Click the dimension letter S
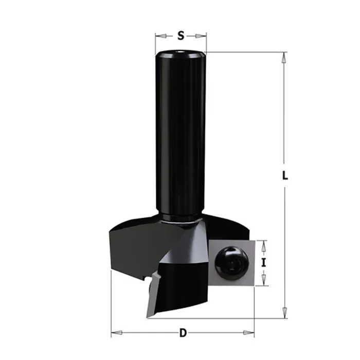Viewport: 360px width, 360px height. pyautogui.click(x=181, y=36)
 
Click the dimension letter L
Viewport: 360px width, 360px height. pyautogui.click(x=285, y=175)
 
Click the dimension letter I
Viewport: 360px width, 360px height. pyautogui.click(x=263, y=262)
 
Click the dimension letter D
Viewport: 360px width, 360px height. pyautogui.click(x=183, y=333)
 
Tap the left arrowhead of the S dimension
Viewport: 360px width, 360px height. pyautogui.click(x=161, y=36)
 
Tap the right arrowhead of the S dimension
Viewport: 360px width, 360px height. pyautogui.click(x=201, y=36)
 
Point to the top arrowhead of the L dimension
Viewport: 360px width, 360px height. pyautogui.click(x=284, y=58)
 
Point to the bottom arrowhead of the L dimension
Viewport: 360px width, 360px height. pyautogui.click(x=285, y=313)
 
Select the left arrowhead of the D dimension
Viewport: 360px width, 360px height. pyautogui.click(x=117, y=333)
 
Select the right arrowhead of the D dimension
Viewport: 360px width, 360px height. pyautogui.click(x=248, y=333)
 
